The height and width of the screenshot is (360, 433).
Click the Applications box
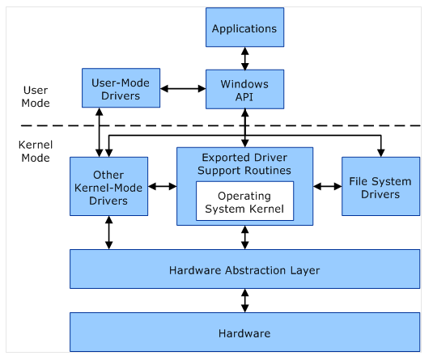point(244,27)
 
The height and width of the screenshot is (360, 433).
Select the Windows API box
point(244,89)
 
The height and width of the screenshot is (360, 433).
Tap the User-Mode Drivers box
point(121,88)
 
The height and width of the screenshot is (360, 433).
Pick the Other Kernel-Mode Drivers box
point(108,186)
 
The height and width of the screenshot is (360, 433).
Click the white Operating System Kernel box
point(244,201)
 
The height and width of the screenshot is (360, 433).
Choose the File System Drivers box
point(381,186)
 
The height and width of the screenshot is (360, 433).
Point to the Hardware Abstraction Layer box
point(244,269)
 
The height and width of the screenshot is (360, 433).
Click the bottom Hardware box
point(244,332)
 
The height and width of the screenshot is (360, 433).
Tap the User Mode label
point(36,96)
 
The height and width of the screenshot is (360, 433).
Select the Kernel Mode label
point(36,151)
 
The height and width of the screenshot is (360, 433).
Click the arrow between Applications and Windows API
point(245,58)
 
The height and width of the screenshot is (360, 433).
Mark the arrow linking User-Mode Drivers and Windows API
point(183,89)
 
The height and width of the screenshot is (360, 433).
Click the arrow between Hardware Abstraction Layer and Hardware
point(245,300)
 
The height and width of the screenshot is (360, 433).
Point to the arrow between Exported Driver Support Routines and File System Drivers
point(328,187)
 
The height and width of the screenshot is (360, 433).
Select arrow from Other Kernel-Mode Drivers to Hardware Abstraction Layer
point(108,232)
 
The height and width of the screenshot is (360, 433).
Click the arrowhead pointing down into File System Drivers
point(381,153)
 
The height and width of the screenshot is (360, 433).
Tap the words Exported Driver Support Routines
point(244,164)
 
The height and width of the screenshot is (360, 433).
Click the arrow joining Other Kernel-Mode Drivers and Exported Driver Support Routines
point(163,187)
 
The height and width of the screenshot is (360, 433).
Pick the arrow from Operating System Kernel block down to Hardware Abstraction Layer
point(245,237)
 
